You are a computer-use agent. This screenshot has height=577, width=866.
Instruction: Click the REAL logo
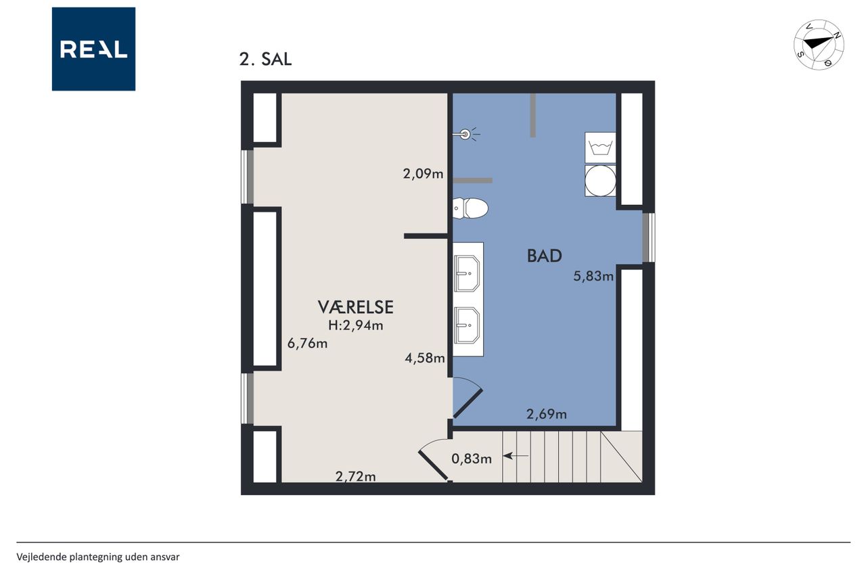point(93,49)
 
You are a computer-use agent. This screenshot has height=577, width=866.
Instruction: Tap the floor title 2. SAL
point(265,59)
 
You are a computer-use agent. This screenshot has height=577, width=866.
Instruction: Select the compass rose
point(819,45)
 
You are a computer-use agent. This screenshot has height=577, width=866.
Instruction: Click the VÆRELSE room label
point(355,307)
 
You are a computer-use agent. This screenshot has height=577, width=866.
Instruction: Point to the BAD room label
point(545,256)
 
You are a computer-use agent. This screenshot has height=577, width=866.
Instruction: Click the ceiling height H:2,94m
point(355,325)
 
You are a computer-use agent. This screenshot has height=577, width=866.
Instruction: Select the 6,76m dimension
point(307,343)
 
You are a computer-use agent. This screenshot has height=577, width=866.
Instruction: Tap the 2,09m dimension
point(423,174)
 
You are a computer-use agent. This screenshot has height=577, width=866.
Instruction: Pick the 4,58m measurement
point(425,358)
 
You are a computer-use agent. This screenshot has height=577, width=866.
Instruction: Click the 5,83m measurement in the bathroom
point(593,276)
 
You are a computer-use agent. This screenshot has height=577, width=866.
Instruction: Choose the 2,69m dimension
point(546,414)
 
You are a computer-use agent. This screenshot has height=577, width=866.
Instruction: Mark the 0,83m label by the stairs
point(472,459)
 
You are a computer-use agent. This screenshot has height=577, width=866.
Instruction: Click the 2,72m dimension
point(355,476)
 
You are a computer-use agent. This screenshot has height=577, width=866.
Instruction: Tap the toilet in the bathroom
point(470,208)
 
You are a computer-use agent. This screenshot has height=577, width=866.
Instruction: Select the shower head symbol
point(466,135)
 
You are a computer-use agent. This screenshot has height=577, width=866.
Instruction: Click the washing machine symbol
point(600,147)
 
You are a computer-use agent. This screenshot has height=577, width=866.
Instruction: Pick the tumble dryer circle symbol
point(600,181)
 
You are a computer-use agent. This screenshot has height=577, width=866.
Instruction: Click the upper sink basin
point(467,274)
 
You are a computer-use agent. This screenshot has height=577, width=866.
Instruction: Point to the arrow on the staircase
point(516,456)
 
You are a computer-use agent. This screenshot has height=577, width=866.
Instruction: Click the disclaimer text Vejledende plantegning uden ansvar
point(98,557)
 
